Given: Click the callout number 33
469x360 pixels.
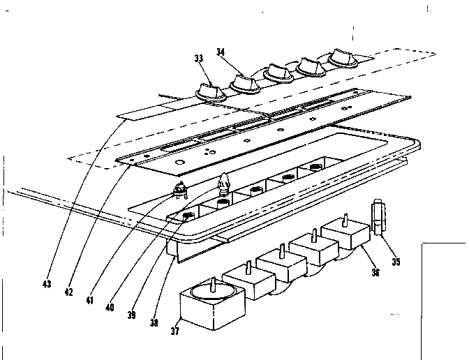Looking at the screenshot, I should click(x=200, y=59).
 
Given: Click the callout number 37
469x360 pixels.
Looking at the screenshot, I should click(x=174, y=331).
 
